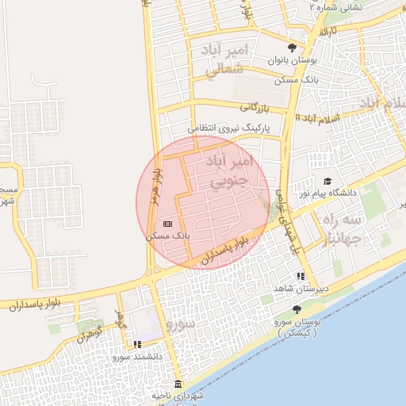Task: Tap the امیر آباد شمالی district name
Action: pos(227,60)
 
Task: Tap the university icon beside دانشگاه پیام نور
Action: pos(327,182)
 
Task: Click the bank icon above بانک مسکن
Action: pos(167,224)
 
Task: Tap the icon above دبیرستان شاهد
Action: pos(300,276)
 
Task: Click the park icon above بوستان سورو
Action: pos(297,309)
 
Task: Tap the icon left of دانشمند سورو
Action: pos(138,344)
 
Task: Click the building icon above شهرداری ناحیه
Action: pos(178,385)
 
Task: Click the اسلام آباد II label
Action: pos(316,117)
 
